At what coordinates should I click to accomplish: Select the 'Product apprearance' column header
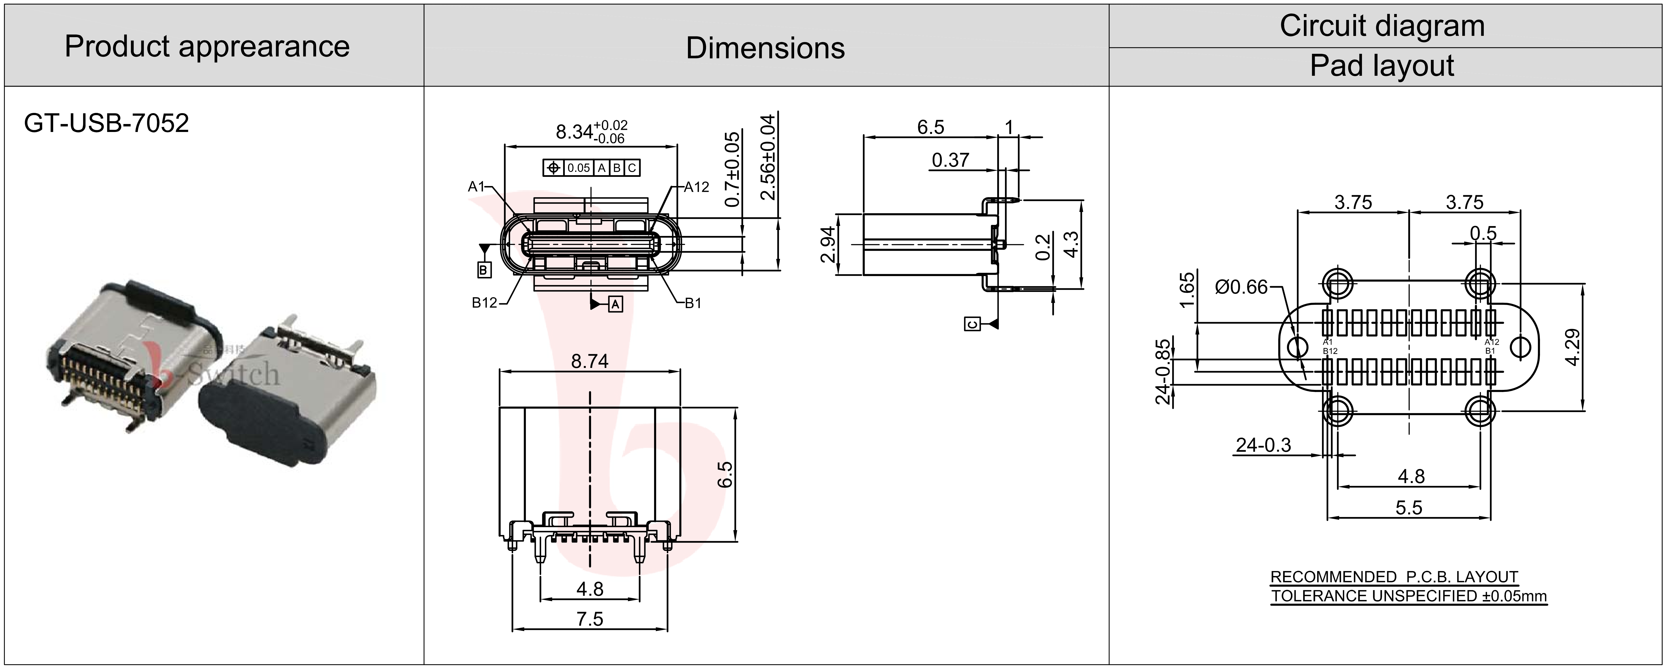(x=207, y=47)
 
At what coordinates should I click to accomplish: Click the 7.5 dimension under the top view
(x=590, y=619)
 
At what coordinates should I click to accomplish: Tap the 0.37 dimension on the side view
(x=950, y=160)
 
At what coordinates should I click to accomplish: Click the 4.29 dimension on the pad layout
(x=1573, y=347)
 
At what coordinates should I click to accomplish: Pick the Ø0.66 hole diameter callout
(x=1241, y=286)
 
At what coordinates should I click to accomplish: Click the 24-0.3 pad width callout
(x=1263, y=445)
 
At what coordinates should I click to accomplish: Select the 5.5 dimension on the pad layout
(x=1409, y=508)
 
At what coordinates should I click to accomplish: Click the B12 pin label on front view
(x=484, y=303)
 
